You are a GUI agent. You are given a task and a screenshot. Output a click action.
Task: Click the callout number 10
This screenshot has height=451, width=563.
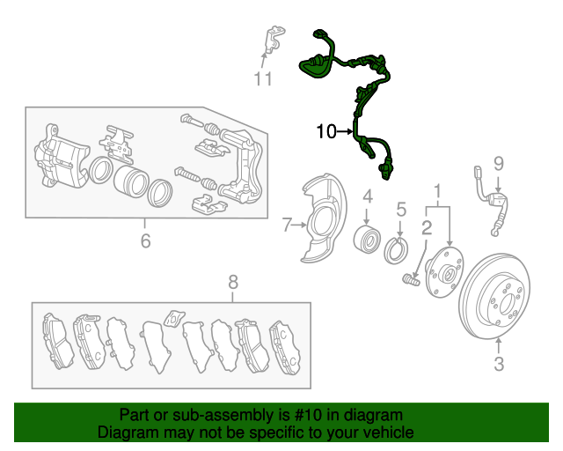326,131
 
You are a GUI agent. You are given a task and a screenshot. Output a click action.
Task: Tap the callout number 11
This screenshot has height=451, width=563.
263,78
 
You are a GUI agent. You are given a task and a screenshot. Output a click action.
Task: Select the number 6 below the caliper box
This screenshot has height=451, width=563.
145,240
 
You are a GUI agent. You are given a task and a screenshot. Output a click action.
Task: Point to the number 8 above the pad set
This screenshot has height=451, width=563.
233,282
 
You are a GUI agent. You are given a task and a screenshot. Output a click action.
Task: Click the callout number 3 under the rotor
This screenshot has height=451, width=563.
499,364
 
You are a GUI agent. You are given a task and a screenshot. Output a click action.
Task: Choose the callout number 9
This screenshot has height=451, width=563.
499,164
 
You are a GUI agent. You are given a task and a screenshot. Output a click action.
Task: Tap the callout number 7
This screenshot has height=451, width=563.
287,225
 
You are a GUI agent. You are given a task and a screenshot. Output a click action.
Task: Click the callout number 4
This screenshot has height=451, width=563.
368,196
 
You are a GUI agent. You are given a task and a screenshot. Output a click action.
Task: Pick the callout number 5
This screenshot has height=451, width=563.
401,210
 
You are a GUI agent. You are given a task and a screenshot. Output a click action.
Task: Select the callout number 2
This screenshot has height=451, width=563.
427,227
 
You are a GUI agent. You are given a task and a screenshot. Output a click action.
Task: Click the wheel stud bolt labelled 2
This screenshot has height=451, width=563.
411,280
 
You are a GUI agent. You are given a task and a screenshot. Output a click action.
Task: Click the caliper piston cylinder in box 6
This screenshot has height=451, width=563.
131,181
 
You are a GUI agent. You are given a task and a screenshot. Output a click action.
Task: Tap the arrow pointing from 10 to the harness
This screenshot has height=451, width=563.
345,132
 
